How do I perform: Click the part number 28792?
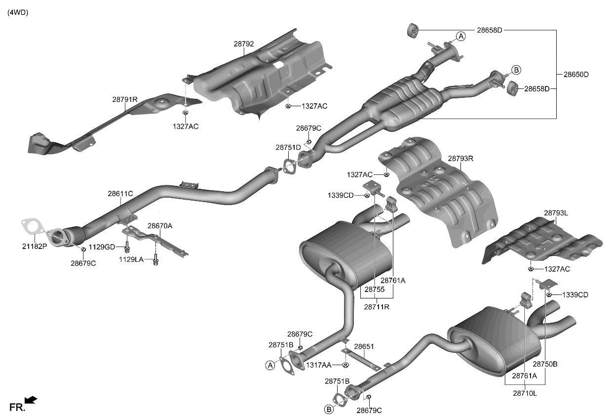[x=244, y=44]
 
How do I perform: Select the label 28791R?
[x=124, y=99]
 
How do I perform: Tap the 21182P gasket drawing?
[x=31, y=228]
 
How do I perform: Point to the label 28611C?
[x=120, y=194]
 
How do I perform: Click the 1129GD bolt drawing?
[x=127, y=246]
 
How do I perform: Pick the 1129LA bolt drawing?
[x=156, y=259]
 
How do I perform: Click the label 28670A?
[x=160, y=225]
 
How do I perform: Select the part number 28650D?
[x=576, y=75]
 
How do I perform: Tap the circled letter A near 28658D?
[x=460, y=36]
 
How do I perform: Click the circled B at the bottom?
[x=329, y=409]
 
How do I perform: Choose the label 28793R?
[x=460, y=159]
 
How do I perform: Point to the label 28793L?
[x=556, y=213]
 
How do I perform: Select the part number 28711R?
[x=377, y=306]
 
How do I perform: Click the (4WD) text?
[x=18, y=13]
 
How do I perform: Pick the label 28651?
[x=364, y=347]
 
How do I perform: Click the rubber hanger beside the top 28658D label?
[x=413, y=29]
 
